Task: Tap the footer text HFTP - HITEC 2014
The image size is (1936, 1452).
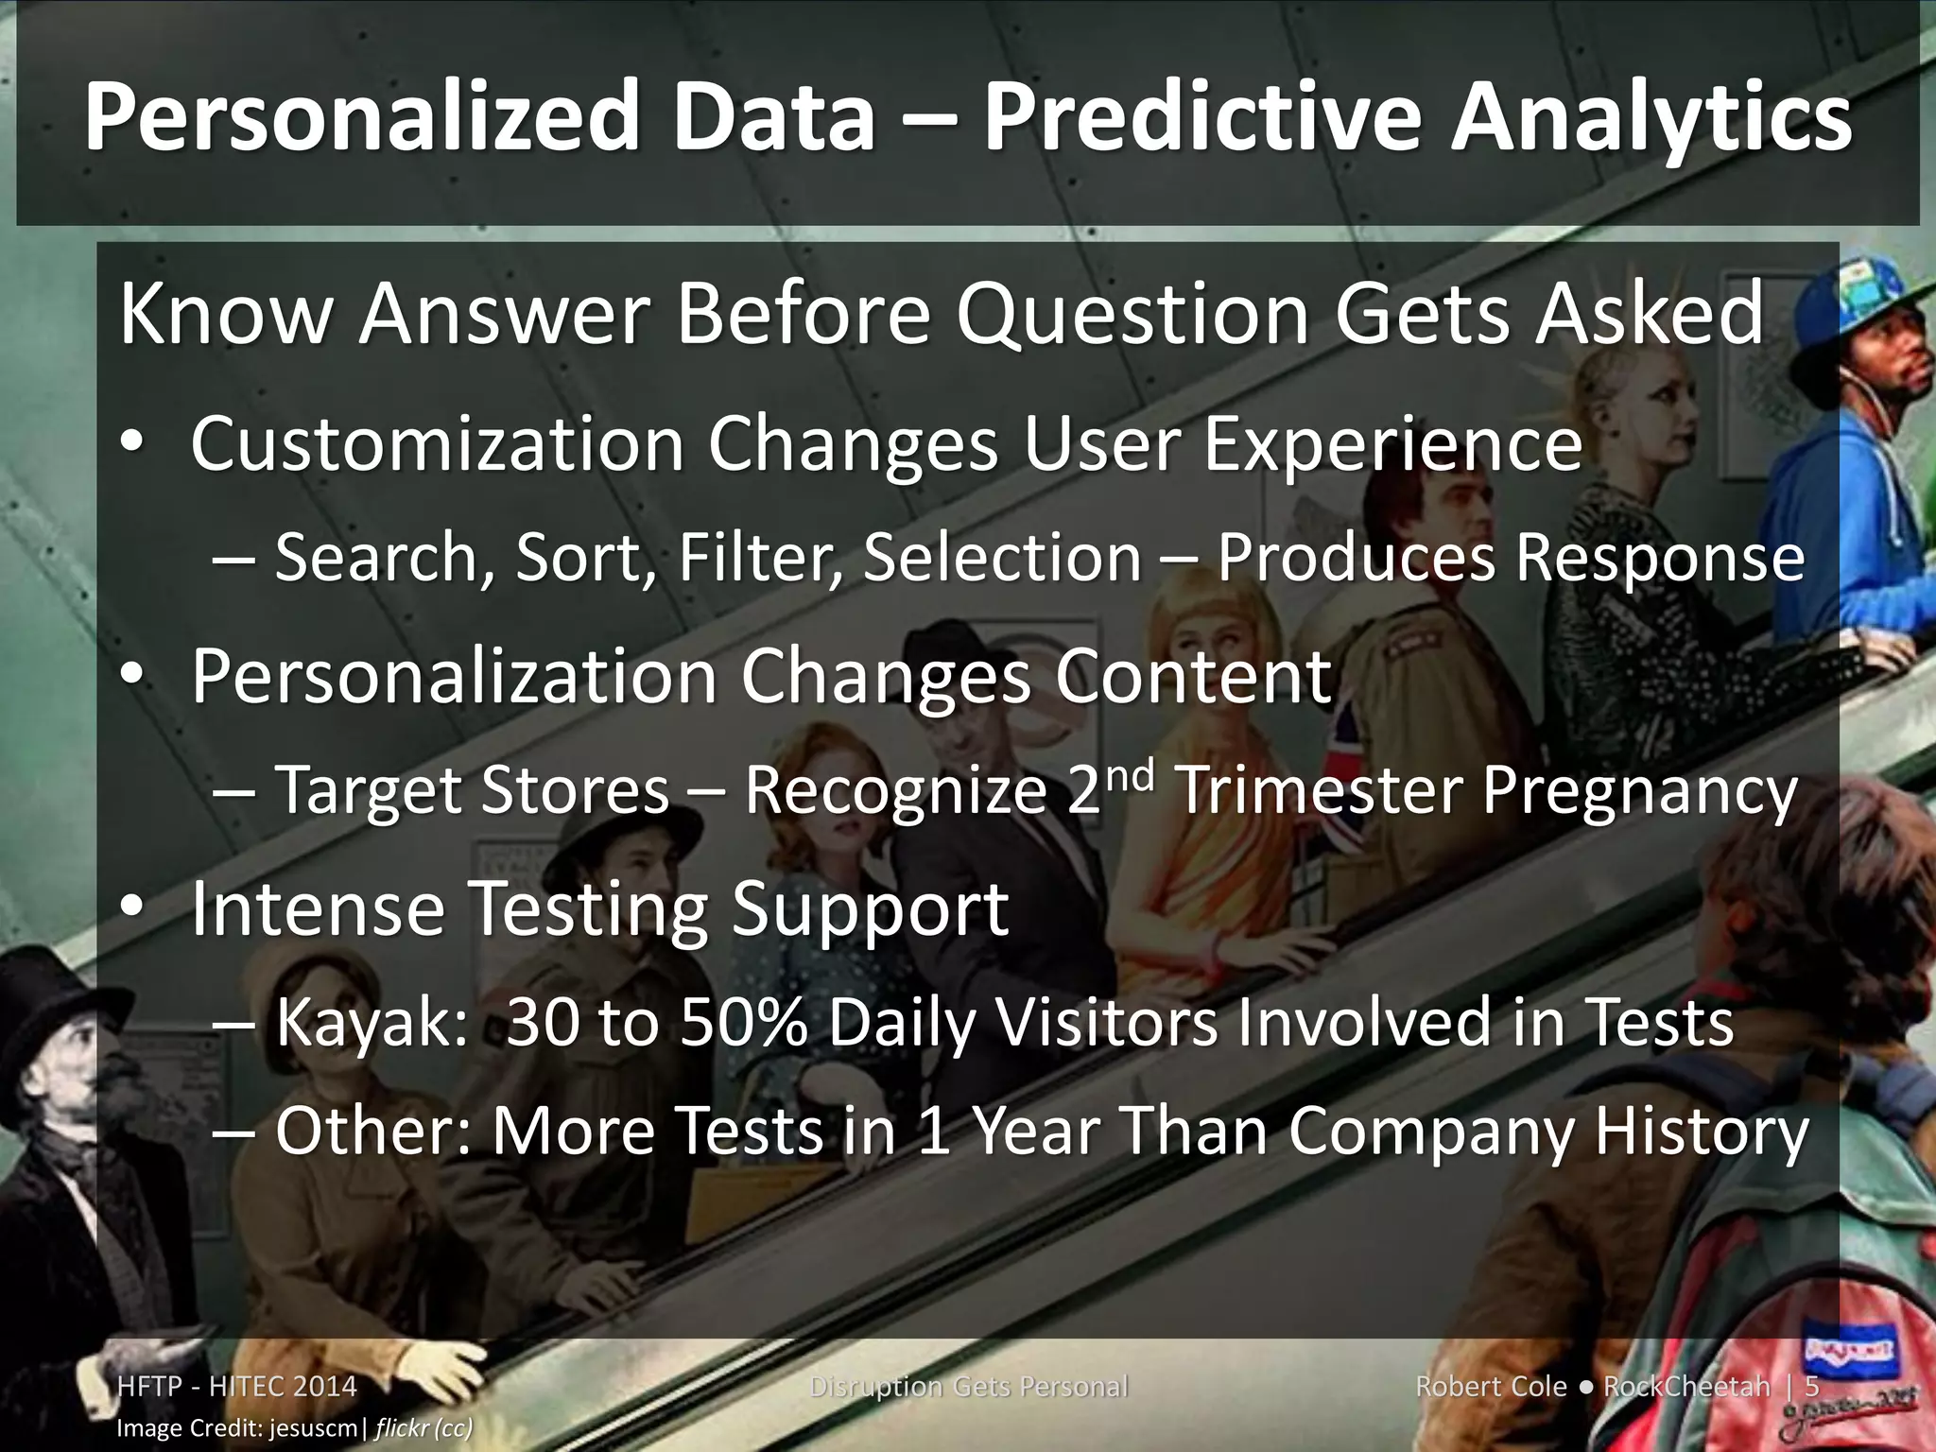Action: [236, 1387]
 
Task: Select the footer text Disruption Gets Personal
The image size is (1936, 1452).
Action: [968, 1387]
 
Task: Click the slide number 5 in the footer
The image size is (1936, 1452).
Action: [1811, 1387]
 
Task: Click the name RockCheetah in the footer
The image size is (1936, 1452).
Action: [1686, 1387]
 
